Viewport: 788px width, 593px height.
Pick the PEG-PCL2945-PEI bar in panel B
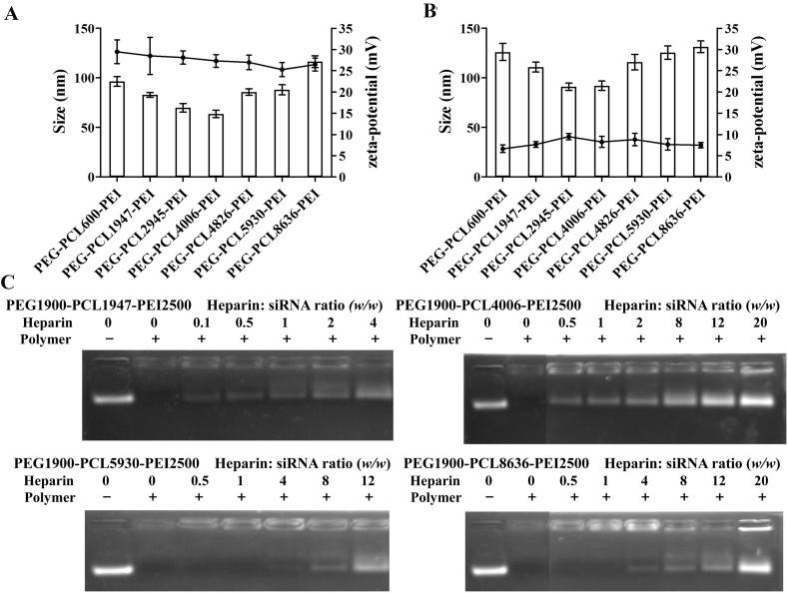pyautogui.click(x=567, y=132)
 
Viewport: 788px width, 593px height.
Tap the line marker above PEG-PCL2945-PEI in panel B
pyautogui.click(x=567, y=137)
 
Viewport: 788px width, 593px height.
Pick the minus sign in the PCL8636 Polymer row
pyautogui.click(x=485, y=496)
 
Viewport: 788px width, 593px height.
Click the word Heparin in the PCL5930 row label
pyautogui.click(x=34, y=480)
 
